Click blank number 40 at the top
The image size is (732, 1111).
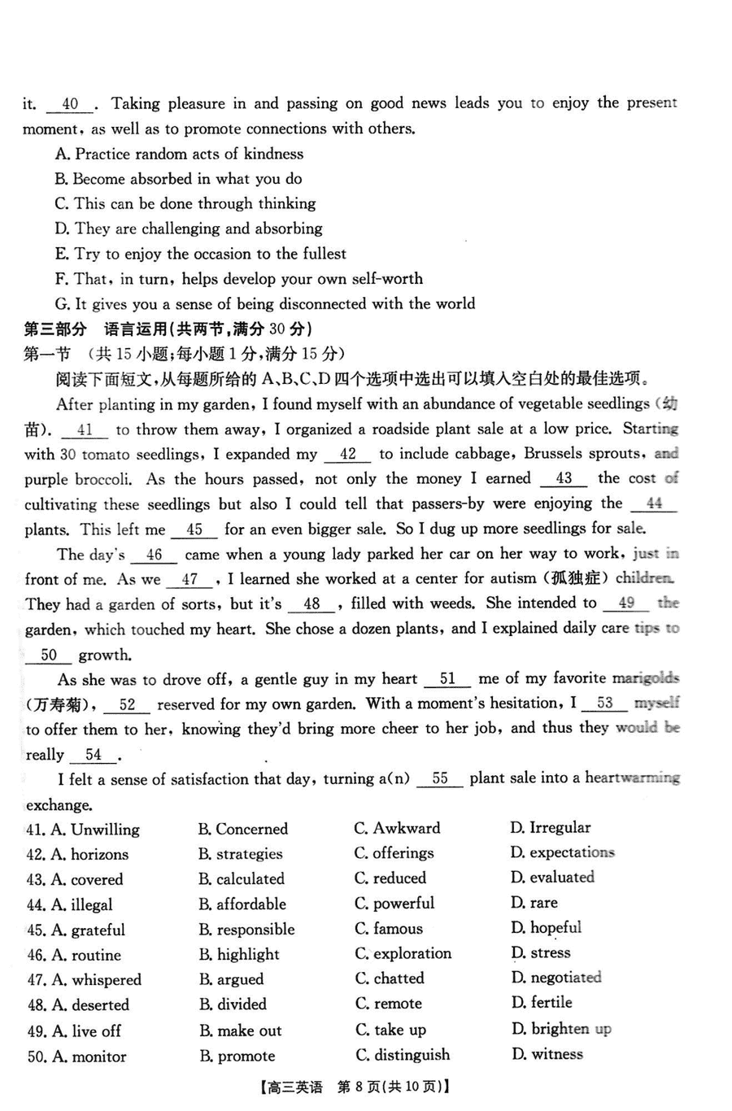click(71, 104)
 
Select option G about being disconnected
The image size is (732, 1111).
click(265, 303)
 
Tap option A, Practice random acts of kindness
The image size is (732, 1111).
click(179, 154)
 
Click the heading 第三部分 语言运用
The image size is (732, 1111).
click(168, 329)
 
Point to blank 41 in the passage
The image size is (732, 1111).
click(85, 430)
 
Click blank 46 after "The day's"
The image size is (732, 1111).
click(155, 555)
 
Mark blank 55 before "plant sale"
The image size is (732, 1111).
click(440, 779)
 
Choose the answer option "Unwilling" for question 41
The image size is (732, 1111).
click(105, 830)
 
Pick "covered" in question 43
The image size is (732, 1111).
click(97, 879)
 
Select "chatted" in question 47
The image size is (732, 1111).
click(399, 978)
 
